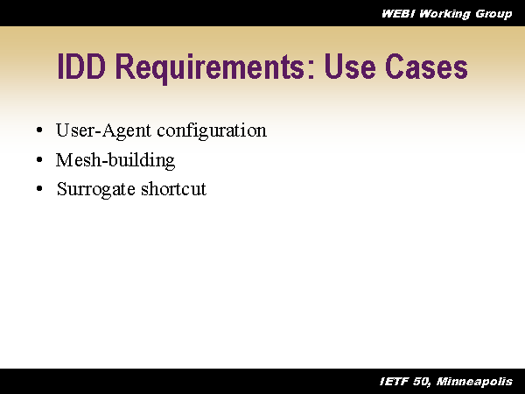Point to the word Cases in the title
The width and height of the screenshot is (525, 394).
coord(428,68)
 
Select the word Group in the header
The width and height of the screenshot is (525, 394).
coord(493,13)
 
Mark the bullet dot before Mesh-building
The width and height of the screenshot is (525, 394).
coord(39,161)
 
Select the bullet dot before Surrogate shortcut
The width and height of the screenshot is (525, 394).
coord(39,189)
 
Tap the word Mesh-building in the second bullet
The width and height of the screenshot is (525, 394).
coord(115,160)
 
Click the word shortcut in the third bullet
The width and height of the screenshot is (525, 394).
coord(174,188)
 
